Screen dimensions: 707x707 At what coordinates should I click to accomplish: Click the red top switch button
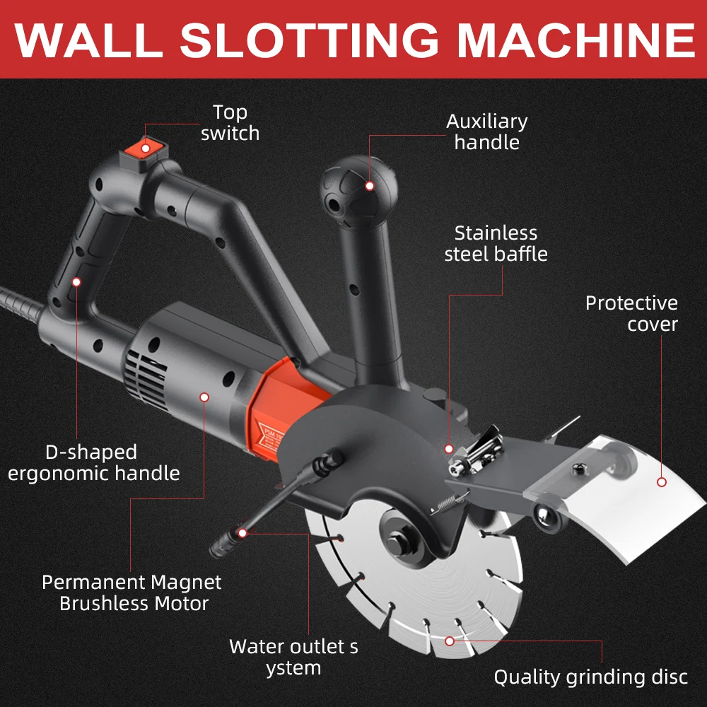coord(146,147)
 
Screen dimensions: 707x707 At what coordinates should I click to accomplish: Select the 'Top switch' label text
coord(230,122)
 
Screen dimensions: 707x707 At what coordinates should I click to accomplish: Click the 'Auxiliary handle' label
coord(486,132)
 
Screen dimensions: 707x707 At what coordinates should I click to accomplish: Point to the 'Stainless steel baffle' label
coord(496,243)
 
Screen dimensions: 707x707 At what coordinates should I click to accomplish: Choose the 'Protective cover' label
coord(631,313)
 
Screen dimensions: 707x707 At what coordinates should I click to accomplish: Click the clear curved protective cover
coord(636,502)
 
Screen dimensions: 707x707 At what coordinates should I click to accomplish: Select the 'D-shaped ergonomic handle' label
coord(93,462)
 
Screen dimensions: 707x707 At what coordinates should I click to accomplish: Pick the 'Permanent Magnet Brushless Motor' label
coord(132,592)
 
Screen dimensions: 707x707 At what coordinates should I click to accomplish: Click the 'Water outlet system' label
coord(293,657)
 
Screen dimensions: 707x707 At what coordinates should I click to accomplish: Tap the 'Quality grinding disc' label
coord(590,677)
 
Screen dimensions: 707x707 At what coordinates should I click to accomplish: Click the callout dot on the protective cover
coord(662,482)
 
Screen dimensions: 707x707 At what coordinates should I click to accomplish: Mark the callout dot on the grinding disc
coord(450,641)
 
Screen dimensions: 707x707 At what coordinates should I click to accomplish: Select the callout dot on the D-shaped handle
coord(76,281)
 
